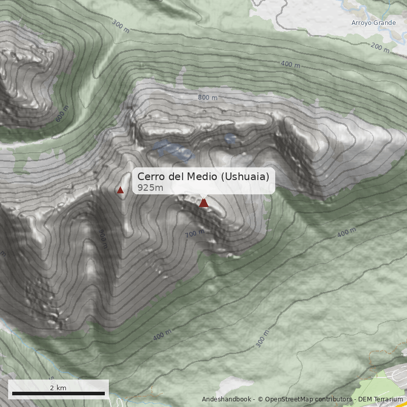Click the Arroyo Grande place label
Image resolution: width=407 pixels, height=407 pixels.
pos(373,23)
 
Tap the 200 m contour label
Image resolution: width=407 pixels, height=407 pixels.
pos(380,48)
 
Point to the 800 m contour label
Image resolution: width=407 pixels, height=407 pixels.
pos(208,98)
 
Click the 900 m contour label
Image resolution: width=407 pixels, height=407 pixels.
pos(103,238)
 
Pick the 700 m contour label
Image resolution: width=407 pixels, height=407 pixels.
pos(195,234)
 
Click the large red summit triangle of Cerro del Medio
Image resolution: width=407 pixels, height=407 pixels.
pos(203,203)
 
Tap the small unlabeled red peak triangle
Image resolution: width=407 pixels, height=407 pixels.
pos(121,190)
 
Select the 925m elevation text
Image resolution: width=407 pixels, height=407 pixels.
pos(150,188)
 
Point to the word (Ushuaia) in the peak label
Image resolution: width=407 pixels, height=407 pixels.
pos(244,177)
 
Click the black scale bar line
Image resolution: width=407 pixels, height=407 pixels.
pos(59,393)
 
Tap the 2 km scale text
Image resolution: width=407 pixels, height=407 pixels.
pos(58,388)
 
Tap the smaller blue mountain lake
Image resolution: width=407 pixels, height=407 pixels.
pos(230,138)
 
